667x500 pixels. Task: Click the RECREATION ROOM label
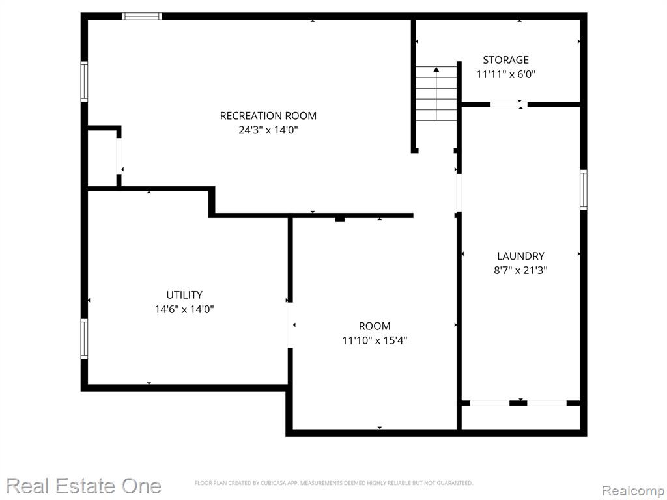pyautogui.click(x=268, y=116)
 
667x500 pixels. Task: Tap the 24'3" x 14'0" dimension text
pyautogui.click(x=268, y=130)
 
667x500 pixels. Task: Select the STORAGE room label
pyautogui.click(x=505, y=60)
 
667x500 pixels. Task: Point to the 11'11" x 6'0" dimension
pyautogui.click(x=505, y=74)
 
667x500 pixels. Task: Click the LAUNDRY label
pyautogui.click(x=520, y=256)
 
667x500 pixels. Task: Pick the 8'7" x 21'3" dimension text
pyautogui.click(x=520, y=270)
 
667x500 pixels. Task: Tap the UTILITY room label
pyautogui.click(x=184, y=295)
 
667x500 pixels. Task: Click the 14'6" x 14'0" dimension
pyautogui.click(x=184, y=309)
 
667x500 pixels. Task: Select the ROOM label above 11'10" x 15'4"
pyautogui.click(x=375, y=326)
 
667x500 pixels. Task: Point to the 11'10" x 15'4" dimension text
pyautogui.click(x=375, y=340)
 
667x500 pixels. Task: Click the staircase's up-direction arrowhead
pyautogui.click(x=436, y=69)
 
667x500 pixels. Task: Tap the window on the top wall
pyautogui.click(x=141, y=16)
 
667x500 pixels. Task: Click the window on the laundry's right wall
pyautogui.click(x=584, y=189)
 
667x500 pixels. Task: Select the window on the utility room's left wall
pyautogui.click(x=84, y=339)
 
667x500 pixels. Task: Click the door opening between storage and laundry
pyautogui.click(x=509, y=104)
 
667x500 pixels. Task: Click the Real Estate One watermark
pyautogui.click(x=84, y=486)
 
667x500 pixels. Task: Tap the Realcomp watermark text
pyautogui.click(x=634, y=491)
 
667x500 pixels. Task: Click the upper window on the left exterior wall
pyautogui.click(x=84, y=81)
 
